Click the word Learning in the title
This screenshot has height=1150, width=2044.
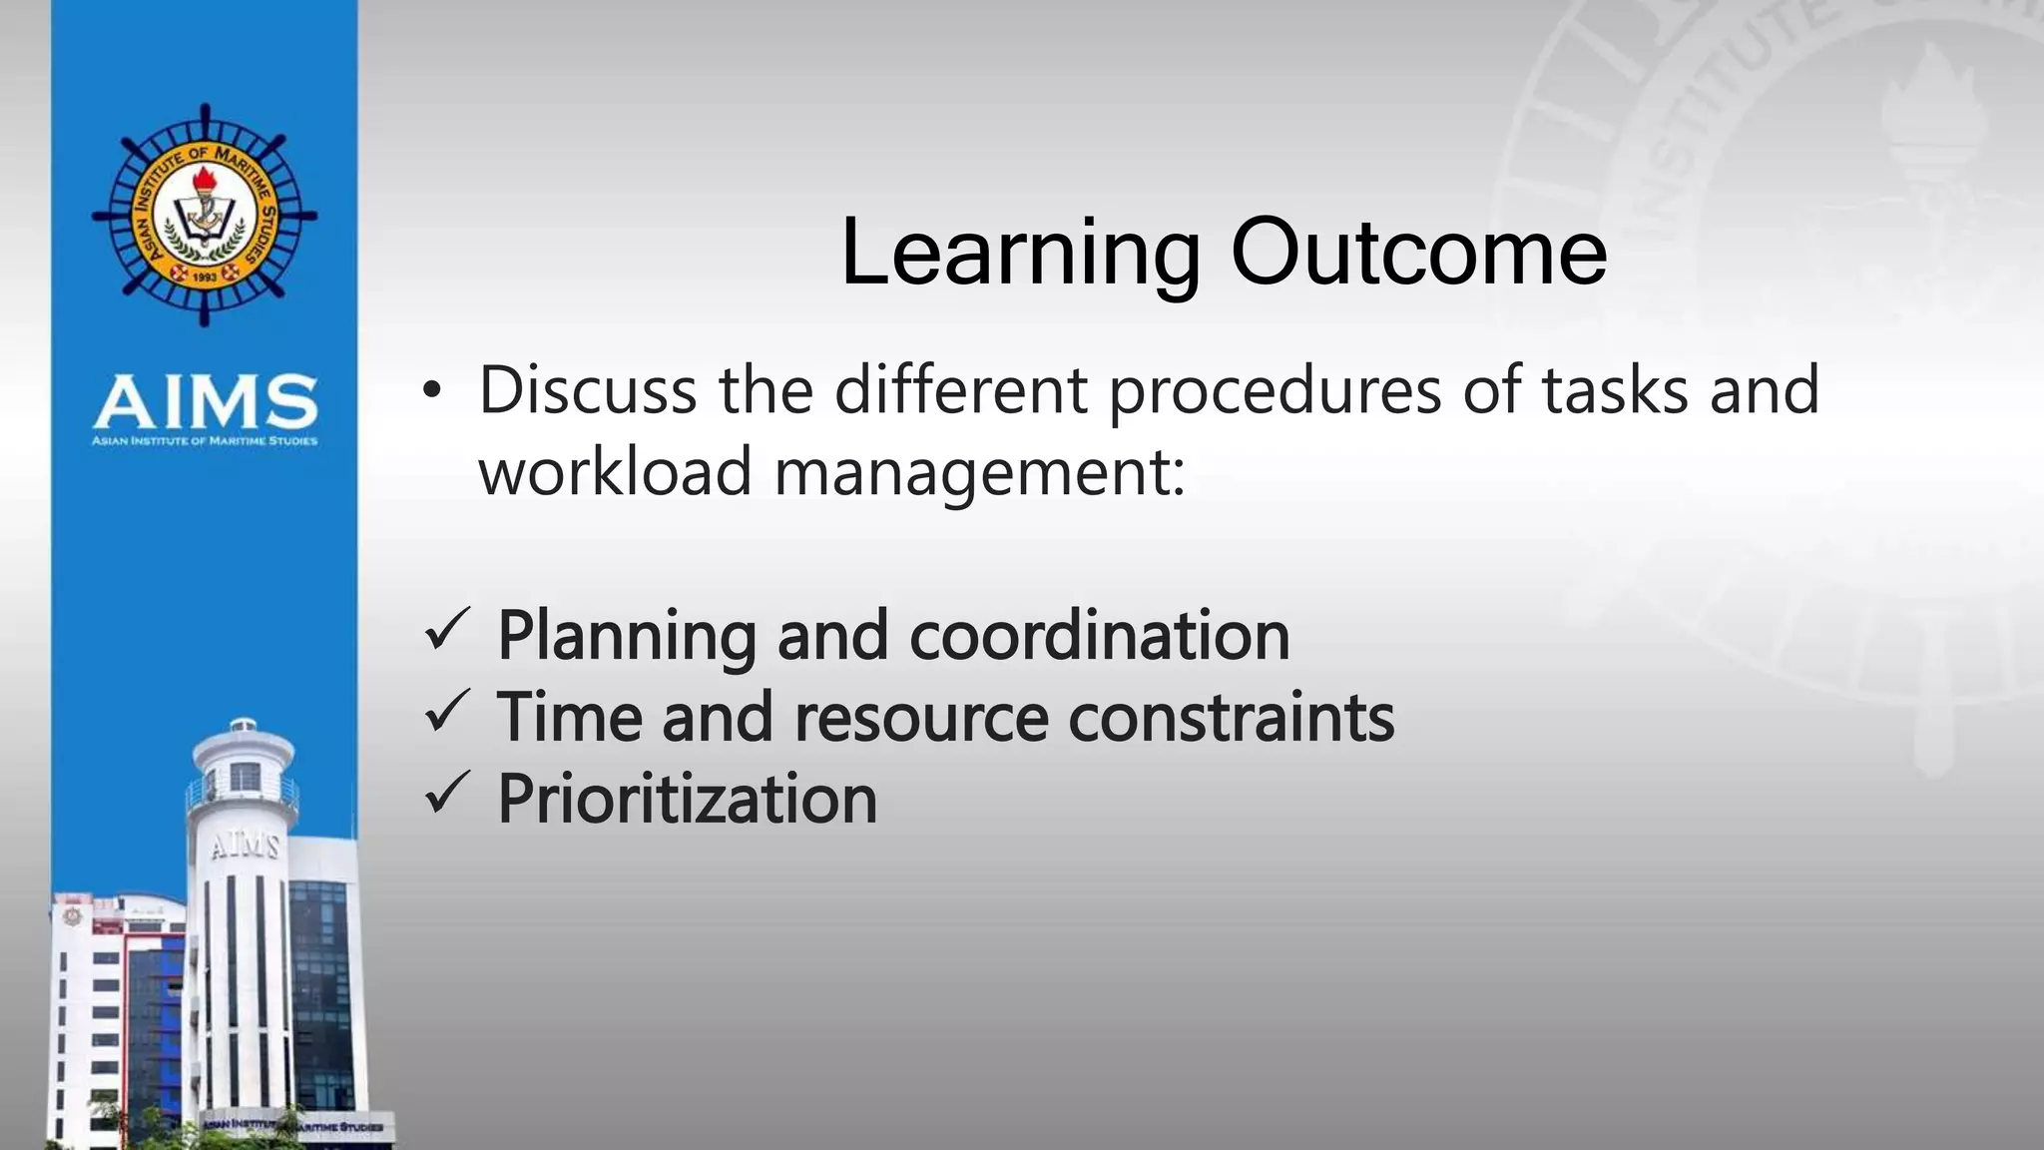pyautogui.click(x=1020, y=255)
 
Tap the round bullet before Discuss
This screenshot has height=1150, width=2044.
pyautogui.click(x=430, y=391)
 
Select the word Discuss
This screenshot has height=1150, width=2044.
pyautogui.click(x=588, y=390)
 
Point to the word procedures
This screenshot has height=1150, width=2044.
pyautogui.click(x=1275, y=392)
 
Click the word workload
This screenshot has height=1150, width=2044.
pyautogui.click(x=615, y=472)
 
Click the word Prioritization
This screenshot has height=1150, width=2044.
pyautogui.click(x=687, y=800)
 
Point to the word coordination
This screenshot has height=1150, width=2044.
pyautogui.click(x=1099, y=636)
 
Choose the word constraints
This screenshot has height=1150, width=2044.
pyautogui.click(x=1231, y=718)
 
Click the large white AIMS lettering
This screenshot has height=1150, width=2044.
pyautogui.click(x=206, y=401)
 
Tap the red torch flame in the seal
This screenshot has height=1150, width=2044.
pyautogui.click(x=205, y=180)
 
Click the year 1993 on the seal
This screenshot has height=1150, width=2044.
pyautogui.click(x=205, y=277)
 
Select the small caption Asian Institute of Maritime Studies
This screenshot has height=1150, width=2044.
pyautogui.click(x=205, y=440)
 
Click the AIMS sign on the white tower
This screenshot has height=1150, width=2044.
pyautogui.click(x=244, y=847)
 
